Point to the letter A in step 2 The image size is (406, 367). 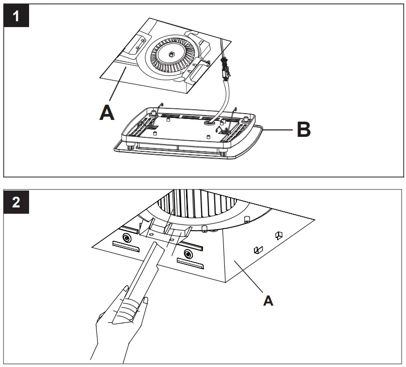click(x=267, y=300)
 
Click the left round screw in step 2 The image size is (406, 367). click(x=127, y=237)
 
